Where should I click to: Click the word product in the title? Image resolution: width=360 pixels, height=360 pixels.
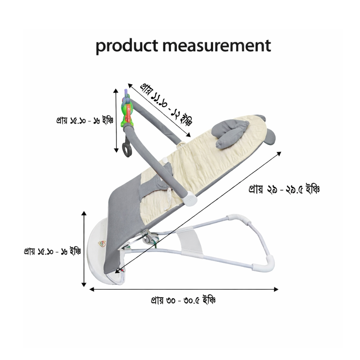click(121, 46)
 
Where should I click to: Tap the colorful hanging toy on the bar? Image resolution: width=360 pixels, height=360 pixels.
click(126, 110)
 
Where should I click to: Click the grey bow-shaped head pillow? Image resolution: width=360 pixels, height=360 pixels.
click(230, 132)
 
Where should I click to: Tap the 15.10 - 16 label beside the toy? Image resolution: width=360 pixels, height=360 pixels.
click(84, 121)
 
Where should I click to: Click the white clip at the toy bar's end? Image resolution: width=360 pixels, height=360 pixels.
click(191, 198)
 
